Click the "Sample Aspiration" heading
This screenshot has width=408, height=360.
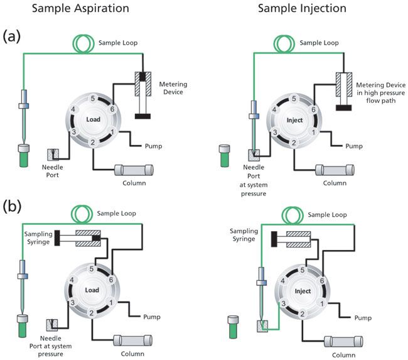[76, 9]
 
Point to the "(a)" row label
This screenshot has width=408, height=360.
[13, 36]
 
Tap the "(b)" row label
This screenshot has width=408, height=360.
[13, 205]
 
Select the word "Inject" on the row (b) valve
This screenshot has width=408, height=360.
[303, 291]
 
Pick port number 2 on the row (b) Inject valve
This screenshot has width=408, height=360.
[303, 313]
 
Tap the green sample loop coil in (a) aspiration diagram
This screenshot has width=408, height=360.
[82, 43]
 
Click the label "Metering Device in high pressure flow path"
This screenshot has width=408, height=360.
[378, 93]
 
